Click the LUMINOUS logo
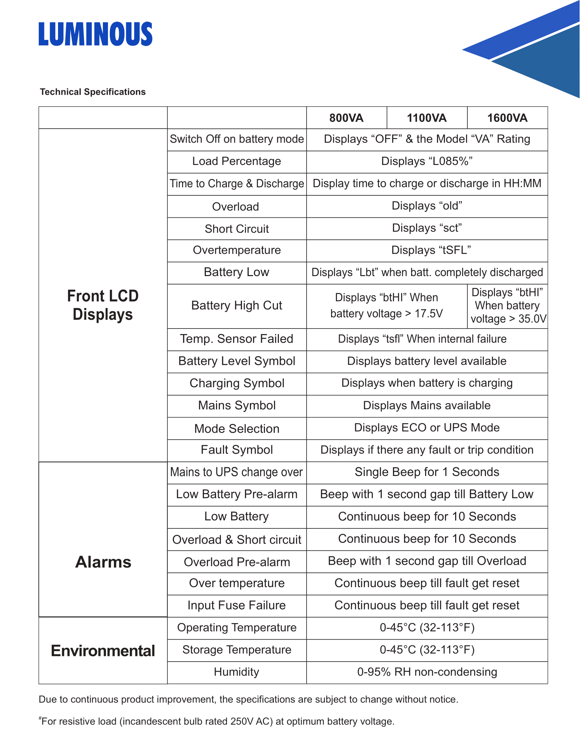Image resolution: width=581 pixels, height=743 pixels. click(x=95, y=34)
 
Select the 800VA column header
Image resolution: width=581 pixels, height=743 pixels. click(x=346, y=118)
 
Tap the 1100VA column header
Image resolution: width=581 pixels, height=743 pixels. click(x=426, y=118)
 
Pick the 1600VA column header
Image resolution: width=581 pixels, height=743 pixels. click(x=507, y=118)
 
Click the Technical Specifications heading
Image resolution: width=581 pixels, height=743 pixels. click(x=93, y=92)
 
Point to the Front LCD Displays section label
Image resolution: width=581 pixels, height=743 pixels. click(x=103, y=305)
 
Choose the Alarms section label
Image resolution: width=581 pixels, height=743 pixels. click(x=103, y=562)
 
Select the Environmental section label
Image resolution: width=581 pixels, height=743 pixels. click(x=103, y=651)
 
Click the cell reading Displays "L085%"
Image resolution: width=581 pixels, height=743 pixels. click(x=426, y=161)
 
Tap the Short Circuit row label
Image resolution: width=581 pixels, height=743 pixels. click(x=237, y=229)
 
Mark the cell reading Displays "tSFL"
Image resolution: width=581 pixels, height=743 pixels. click(x=431, y=250)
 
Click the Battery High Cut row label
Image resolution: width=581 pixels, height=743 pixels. click(x=237, y=305)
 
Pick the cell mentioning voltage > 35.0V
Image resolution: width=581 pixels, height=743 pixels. click(x=508, y=306)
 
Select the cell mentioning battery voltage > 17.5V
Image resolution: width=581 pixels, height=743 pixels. click(x=386, y=306)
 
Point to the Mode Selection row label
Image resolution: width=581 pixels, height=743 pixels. click(x=237, y=429)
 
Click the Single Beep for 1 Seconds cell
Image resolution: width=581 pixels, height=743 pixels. click(x=426, y=472)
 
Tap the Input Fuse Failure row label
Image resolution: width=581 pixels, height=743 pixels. click(x=237, y=605)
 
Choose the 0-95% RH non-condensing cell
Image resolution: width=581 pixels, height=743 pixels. click(x=426, y=672)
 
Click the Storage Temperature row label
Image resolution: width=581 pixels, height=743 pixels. click(x=237, y=650)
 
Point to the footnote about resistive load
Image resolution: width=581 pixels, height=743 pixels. click(x=217, y=721)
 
